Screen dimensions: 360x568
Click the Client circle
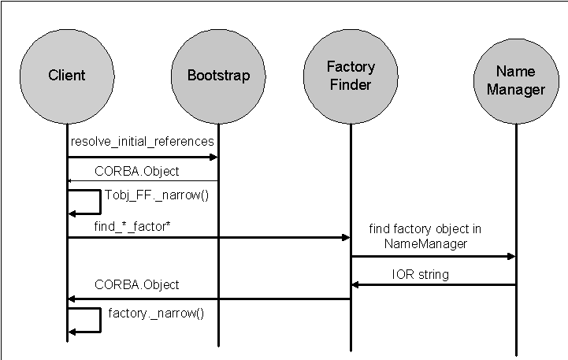(x=66, y=76)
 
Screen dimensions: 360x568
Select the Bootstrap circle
(x=218, y=76)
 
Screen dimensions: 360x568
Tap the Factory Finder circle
(x=350, y=76)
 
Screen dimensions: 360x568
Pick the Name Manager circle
(x=516, y=80)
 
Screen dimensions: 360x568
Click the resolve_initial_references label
(x=142, y=142)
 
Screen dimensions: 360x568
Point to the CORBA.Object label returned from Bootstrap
(x=136, y=170)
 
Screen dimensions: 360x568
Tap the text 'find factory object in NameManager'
(x=425, y=236)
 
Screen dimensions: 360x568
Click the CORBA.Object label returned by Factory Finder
(x=136, y=284)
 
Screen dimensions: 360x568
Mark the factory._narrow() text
(x=156, y=313)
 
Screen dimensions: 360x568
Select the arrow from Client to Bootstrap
(x=142, y=158)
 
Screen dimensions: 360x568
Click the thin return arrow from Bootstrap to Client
(x=142, y=180)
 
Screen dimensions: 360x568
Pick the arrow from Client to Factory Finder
(x=208, y=237)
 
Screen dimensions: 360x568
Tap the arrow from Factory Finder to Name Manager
(x=433, y=256)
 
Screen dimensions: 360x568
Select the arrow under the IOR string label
(x=433, y=284)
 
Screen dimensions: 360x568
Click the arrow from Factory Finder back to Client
(x=208, y=299)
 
